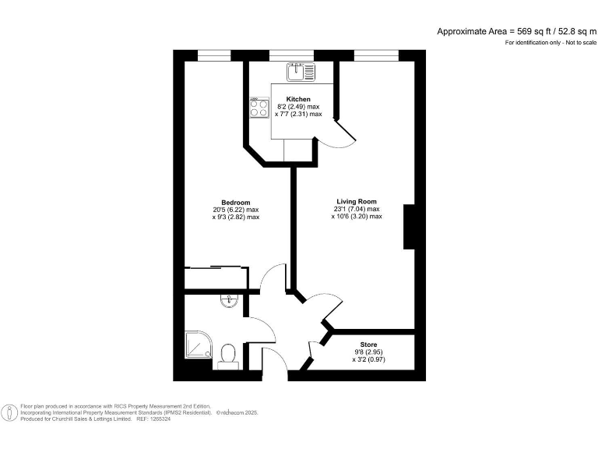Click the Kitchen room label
[298, 99]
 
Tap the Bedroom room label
[235, 203]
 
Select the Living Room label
[356, 202]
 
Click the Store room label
[368, 344]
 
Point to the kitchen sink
[300, 72]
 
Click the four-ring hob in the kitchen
[259, 108]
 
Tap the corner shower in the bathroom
[198, 345]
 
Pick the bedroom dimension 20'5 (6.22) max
[235, 210]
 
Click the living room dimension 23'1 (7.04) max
[356, 209]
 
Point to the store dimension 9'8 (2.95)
[368, 352]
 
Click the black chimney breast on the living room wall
[408, 227]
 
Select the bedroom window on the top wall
[215, 55]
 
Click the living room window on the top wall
[375, 55]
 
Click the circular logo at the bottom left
[10, 412]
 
